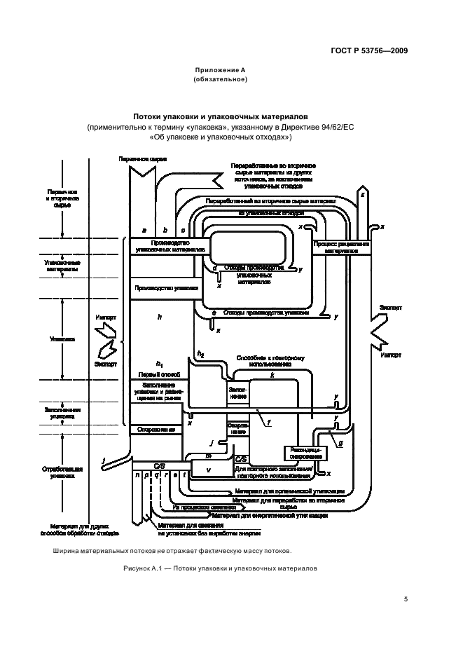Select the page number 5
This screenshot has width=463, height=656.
(406, 599)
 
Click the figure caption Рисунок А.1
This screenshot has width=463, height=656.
(220, 568)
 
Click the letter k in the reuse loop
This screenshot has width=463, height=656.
(272, 376)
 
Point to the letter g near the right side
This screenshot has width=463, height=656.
(340, 444)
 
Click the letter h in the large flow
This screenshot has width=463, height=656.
(159, 317)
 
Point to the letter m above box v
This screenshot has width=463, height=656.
(209, 456)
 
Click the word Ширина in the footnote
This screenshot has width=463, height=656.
(67, 550)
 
